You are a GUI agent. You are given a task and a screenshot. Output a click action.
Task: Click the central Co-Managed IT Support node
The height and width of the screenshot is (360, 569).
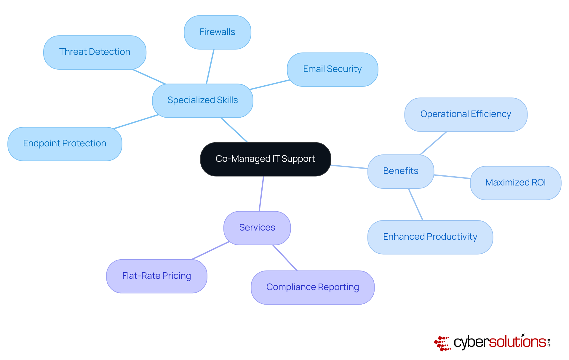click(266, 159)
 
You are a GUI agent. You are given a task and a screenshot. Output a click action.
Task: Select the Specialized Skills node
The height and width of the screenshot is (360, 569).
click(203, 100)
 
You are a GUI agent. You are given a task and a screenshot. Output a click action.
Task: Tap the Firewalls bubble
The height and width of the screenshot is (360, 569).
click(218, 32)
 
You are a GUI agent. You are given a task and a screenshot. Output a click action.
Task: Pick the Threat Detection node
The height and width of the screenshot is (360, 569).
click(95, 52)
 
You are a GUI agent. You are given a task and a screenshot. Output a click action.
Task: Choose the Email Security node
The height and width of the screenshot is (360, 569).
click(333, 69)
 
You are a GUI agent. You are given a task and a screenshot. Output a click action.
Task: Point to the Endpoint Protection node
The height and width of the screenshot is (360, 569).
click(65, 144)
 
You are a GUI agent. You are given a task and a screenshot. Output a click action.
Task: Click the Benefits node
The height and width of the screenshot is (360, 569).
click(401, 171)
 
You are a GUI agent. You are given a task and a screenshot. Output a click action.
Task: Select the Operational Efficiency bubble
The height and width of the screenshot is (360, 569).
click(466, 114)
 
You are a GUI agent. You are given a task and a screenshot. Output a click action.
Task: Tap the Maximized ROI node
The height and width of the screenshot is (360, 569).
click(516, 183)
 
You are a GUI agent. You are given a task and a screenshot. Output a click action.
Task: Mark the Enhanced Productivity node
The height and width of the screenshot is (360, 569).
click(430, 237)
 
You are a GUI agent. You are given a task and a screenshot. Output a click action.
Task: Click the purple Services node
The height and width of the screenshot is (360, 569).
click(257, 228)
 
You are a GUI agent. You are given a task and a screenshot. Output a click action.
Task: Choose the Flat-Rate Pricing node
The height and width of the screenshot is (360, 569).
click(156, 276)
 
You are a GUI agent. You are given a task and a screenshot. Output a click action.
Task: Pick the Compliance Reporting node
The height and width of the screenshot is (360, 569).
click(313, 287)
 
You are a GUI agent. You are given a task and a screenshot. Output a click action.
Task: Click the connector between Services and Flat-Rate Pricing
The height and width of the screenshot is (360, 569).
click(210, 251)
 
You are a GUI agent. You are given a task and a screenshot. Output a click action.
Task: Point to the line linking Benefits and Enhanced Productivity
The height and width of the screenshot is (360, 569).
click(415, 204)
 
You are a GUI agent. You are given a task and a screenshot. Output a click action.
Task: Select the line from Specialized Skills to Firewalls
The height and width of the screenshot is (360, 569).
click(210, 67)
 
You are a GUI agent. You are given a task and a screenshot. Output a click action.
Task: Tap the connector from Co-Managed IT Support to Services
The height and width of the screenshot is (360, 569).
click(261, 194)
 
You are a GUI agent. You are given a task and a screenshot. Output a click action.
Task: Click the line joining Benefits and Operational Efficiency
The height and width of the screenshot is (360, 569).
click(433, 143)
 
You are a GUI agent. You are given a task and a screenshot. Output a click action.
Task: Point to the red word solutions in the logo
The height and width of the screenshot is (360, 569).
click(517, 342)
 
